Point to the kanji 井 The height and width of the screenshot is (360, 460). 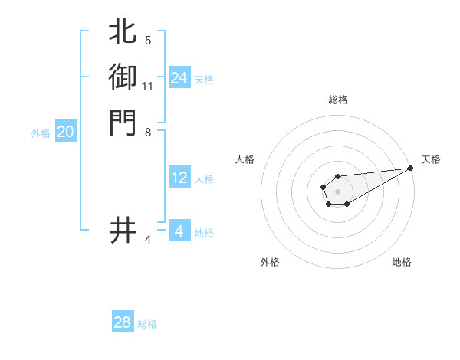tap(123, 230)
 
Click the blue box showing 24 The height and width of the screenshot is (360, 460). tap(179, 78)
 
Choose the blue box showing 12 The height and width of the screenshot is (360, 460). tap(179, 178)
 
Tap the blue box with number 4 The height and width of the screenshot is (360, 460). tap(179, 231)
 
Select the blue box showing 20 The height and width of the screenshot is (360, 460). tap(66, 132)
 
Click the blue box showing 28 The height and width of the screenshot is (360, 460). tap(123, 322)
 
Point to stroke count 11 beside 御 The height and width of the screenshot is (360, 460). tap(148, 86)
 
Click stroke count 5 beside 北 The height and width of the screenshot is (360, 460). tap(148, 40)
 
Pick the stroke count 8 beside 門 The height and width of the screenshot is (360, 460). tap(148, 132)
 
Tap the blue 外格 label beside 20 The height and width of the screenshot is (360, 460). tap(41, 133)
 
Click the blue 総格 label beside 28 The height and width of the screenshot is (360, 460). tap(147, 324)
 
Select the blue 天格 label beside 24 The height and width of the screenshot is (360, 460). tap(204, 80)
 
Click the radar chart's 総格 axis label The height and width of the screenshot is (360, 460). tap(337, 100)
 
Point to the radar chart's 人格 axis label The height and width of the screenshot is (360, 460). tap(245, 159)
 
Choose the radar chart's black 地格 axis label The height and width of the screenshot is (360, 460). tap(402, 262)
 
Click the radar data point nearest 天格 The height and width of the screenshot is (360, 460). tap(410, 168)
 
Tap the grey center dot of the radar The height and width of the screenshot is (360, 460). tap(337, 191)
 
